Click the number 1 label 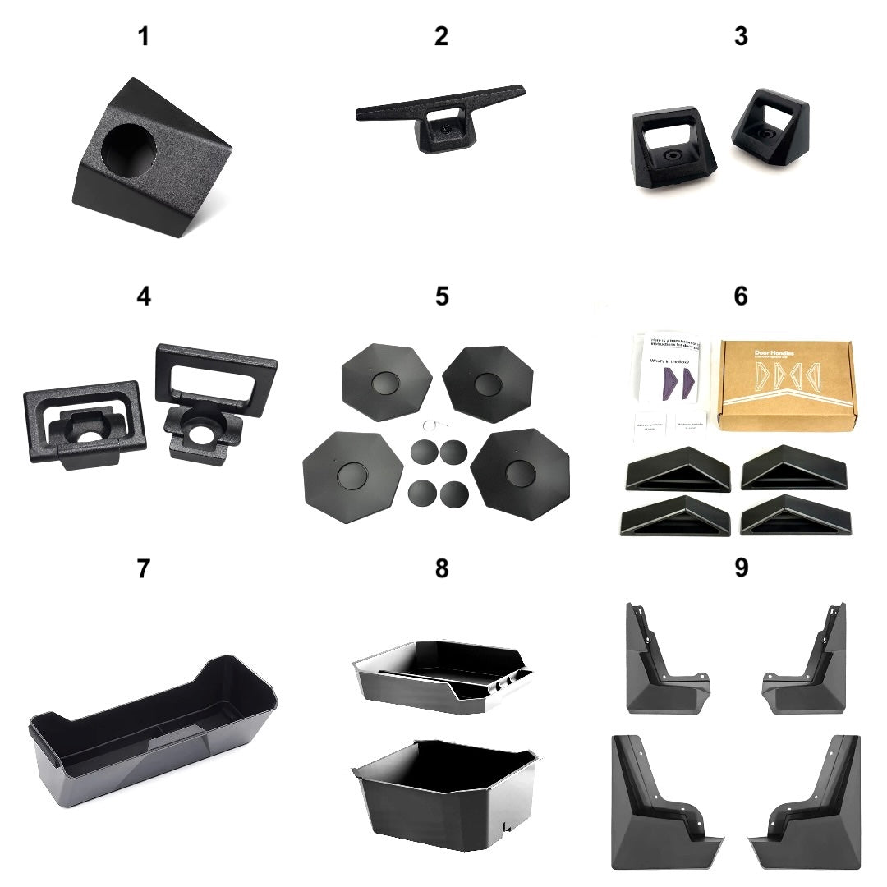(144, 36)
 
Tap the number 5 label (442, 296)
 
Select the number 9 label (741, 568)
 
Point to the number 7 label (144, 568)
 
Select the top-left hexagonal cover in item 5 (386, 383)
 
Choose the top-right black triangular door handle (793, 468)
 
